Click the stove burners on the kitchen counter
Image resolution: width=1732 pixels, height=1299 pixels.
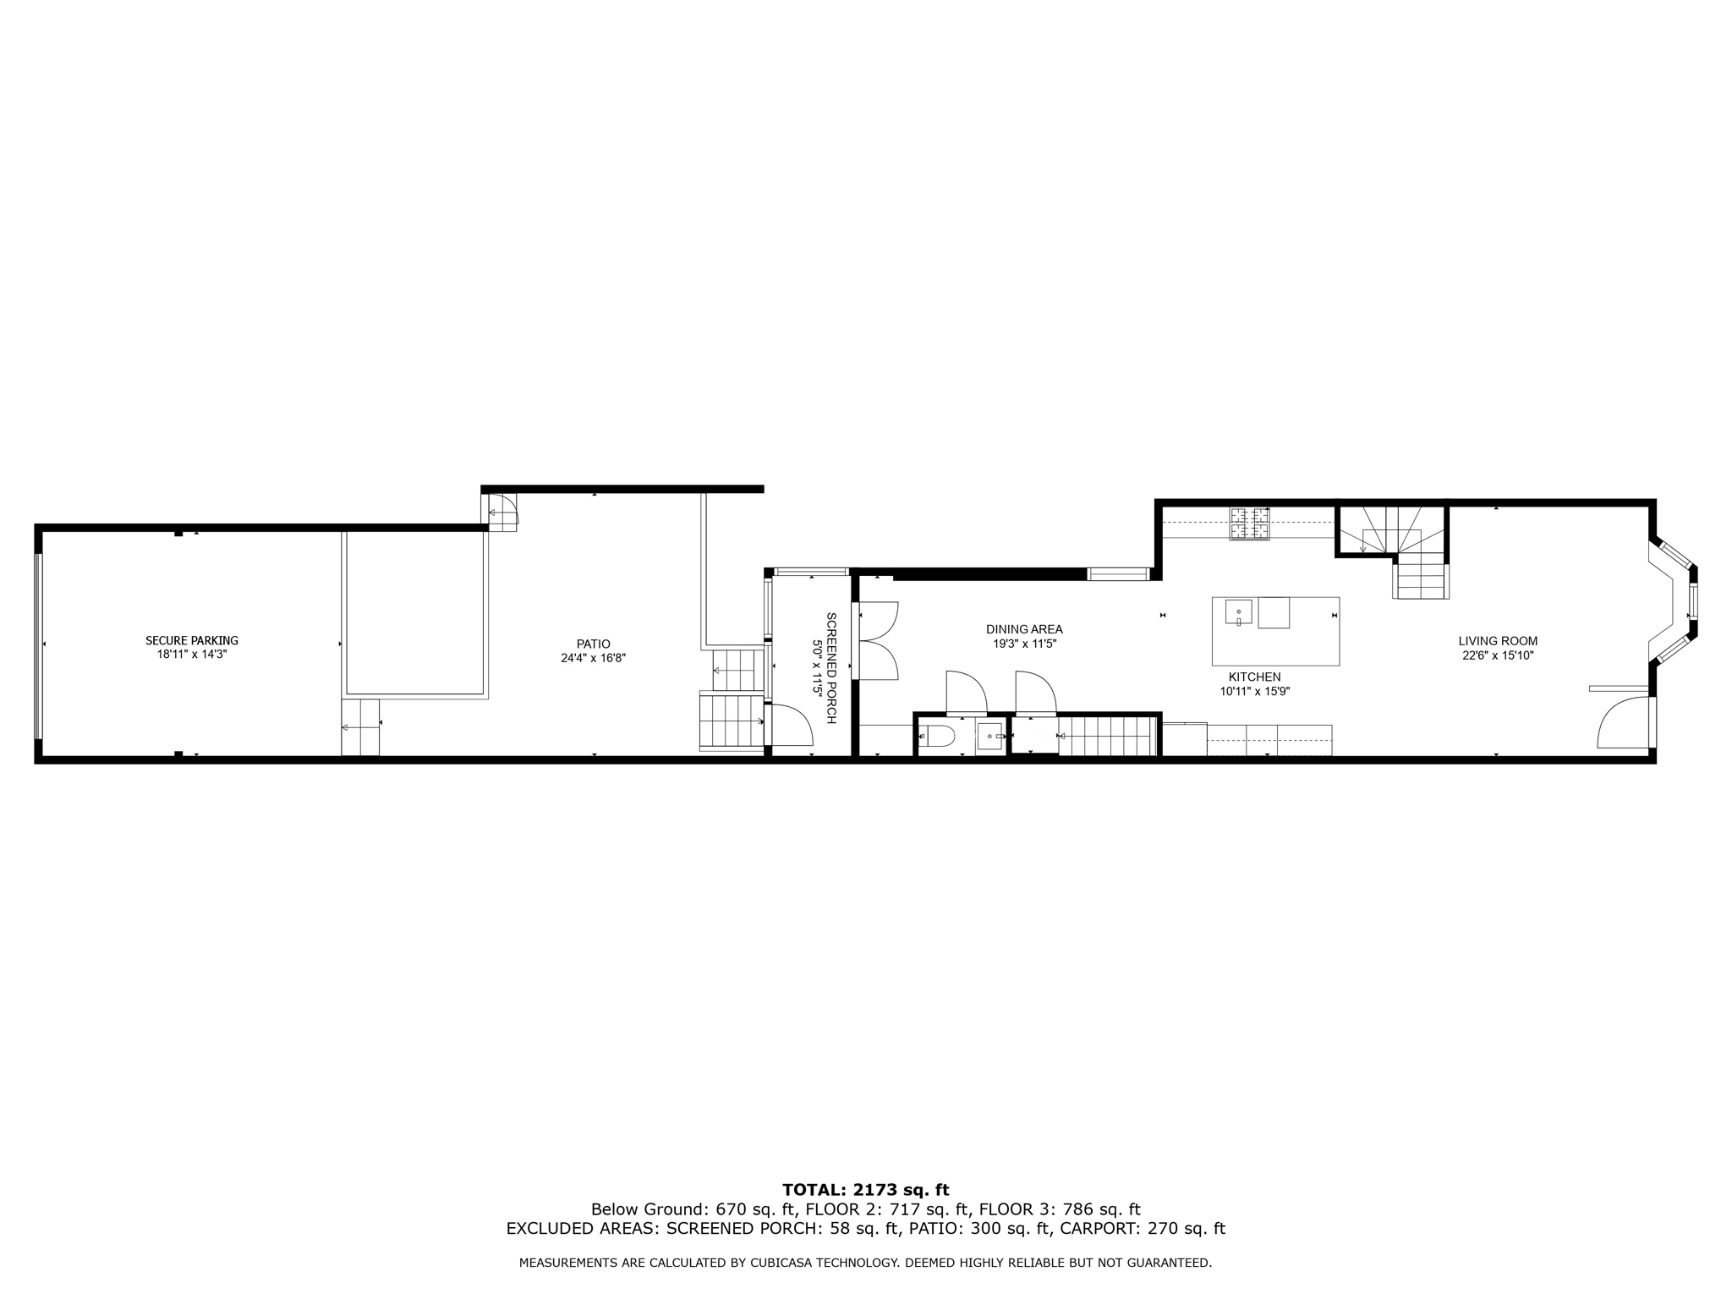[x=1249, y=523]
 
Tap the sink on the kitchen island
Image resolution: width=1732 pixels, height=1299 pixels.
[x=1238, y=611]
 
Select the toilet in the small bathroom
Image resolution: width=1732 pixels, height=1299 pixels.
[x=937, y=737]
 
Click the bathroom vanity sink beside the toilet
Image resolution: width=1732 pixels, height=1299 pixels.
[x=989, y=737]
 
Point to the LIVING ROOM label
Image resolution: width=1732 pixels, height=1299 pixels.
[x=1498, y=641]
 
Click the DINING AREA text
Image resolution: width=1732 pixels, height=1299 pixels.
[x=1024, y=629]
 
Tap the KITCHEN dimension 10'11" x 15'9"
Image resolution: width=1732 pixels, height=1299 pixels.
[x=1254, y=691]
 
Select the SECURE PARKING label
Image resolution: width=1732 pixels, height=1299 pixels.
[x=192, y=640]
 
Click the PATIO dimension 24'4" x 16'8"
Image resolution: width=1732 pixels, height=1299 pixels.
[x=593, y=658]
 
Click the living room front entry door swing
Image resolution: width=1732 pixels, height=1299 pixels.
[x=1620, y=724]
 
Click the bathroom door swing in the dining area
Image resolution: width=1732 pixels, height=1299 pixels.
[x=965, y=693]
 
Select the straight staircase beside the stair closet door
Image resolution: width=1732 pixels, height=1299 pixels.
[x=1106, y=736]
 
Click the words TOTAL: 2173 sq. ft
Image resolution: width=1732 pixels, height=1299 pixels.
[x=865, y=1191]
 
